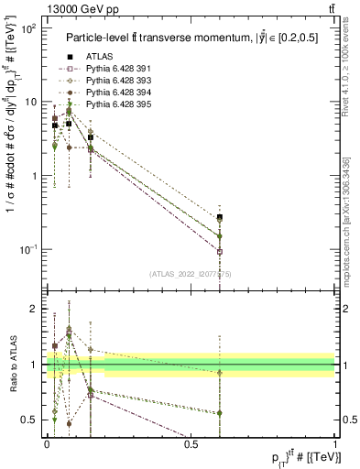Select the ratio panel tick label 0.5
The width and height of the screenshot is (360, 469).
pos(30,420)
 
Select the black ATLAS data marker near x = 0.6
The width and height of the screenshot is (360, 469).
pos(220,217)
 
